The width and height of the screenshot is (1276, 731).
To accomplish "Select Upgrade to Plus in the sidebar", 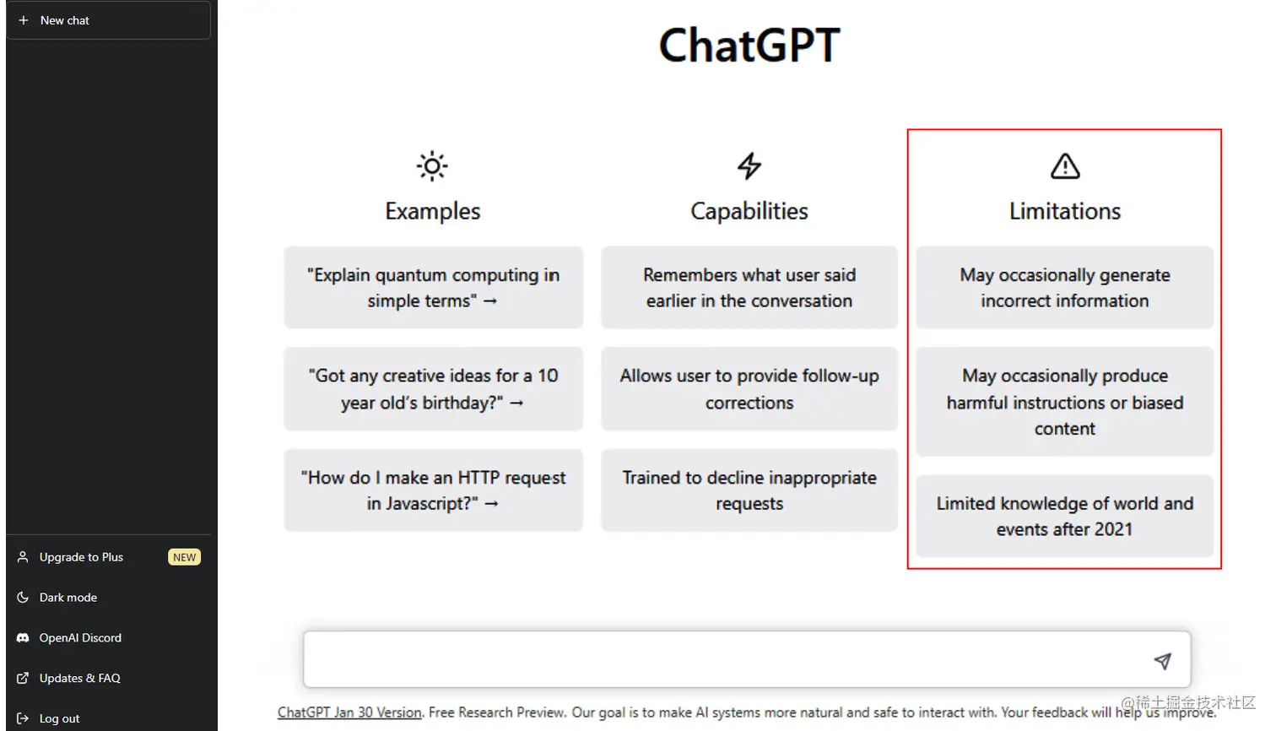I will [x=81, y=557].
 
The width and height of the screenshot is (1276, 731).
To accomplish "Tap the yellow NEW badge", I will [x=184, y=557].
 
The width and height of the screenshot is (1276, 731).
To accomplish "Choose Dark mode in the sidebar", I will [x=68, y=598].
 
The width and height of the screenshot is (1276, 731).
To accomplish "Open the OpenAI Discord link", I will [x=80, y=638].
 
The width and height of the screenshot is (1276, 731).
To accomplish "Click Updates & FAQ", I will [x=79, y=679].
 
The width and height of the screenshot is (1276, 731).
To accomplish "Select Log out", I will [x=59, y=718].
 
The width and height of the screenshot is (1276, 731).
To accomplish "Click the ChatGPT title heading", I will [x=749, y=46].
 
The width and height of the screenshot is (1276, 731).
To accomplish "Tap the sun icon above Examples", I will [x=432, y=166].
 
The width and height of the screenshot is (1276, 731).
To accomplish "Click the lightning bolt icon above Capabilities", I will [x=749, y=166].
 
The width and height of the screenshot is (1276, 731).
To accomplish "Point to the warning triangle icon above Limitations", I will [x=1065, y=166].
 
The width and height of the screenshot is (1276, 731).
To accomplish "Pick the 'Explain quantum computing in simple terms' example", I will [x=433, y=288].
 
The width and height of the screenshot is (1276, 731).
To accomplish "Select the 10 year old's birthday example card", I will [x=433, y=389].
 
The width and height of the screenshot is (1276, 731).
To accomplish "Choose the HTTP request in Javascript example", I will [x=433, y=490].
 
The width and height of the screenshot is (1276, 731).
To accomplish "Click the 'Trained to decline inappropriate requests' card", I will [x=749, y=490].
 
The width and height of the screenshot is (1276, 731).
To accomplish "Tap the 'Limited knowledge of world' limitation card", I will [x=1064, y=516].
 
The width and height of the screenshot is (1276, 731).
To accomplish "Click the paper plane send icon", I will [x=1163, y=661].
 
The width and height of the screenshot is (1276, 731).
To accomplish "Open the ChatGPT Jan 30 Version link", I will [x=349, y=712].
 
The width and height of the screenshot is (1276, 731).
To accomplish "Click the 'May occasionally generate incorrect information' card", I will [x=1064, y=288].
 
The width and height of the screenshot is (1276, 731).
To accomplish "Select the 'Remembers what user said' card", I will [x=749, y=288].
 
